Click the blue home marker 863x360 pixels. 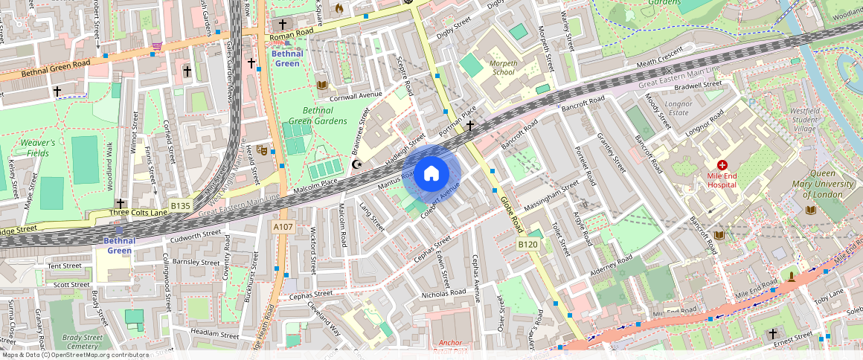(x=431, y=174)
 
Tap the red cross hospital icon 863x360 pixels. (x=722, y=164)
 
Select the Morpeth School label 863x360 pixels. (x=503, y=68)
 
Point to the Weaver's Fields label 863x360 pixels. (x=38, y=147)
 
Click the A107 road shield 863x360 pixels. (x=282, y=226)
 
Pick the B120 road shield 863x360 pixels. (x=527, y=244)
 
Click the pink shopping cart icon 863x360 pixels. (x=157, y=46)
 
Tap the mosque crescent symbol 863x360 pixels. (x=357, y=164)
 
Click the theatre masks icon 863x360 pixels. (x=262, y=150)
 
